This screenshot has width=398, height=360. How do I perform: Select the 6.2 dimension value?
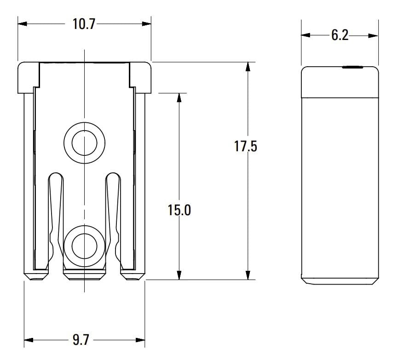pyautogui.click(x=340, y=35)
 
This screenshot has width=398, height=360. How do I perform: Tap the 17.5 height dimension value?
pyautogui.click(x=246, y=147)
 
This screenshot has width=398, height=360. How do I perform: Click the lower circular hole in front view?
pyautogui.click(x=84, y=244)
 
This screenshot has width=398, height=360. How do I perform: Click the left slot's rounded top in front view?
pyautogui.click(x=55, y=176)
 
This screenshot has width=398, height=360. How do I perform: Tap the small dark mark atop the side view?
pyautogui.click(x=352, y=68)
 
